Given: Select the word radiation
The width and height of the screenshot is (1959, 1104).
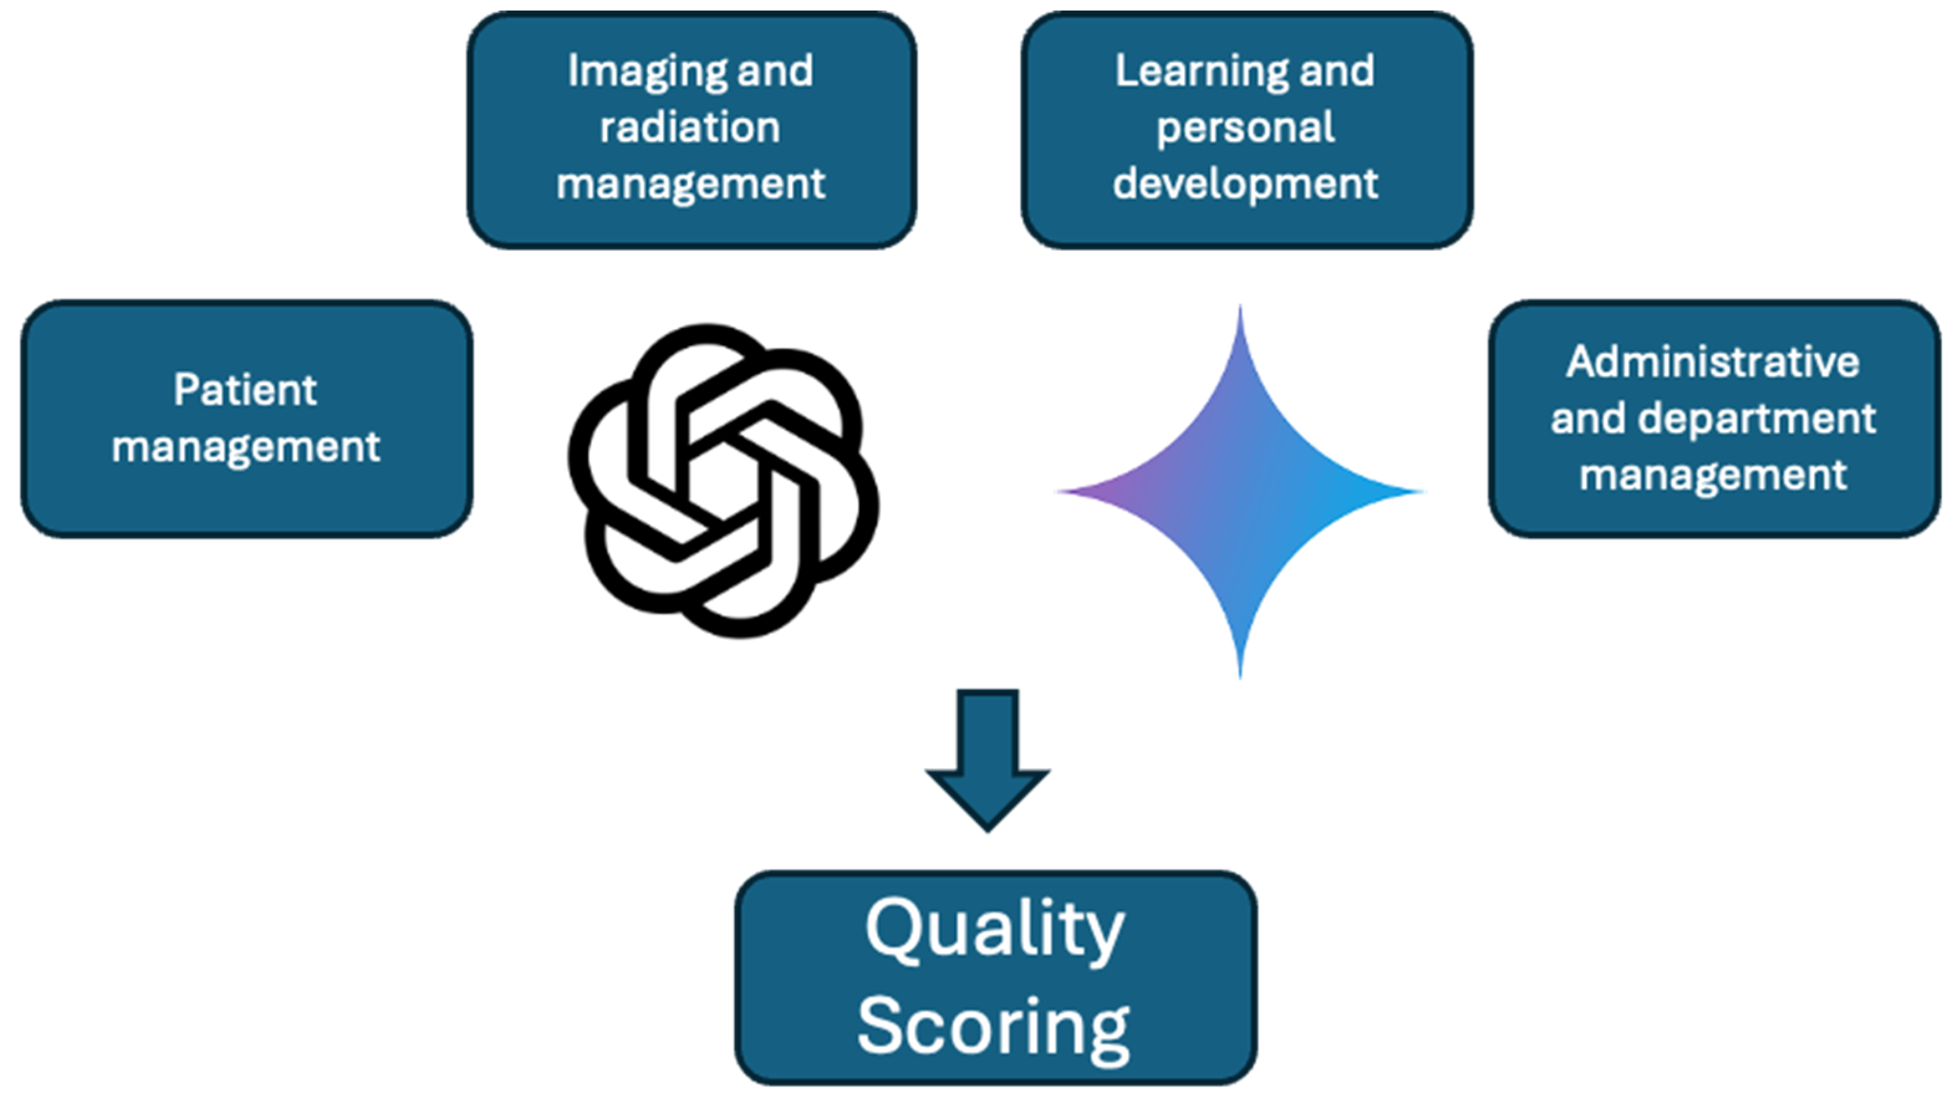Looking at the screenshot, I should point(690,127).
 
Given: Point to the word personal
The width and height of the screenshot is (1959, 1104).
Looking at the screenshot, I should point(1246,127).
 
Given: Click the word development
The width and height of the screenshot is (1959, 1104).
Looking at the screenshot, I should point(1246,183).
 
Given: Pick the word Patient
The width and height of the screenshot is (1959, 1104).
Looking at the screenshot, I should point(245,390).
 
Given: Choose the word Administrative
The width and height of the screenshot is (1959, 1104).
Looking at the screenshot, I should point(1713,362).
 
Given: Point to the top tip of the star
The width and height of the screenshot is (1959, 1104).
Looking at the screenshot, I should point(1240,312).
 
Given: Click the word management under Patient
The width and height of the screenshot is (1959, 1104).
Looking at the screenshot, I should point(245,447).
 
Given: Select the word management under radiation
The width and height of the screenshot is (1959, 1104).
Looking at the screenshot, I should point(690,183).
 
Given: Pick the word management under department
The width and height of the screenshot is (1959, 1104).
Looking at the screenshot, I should point(1713,475).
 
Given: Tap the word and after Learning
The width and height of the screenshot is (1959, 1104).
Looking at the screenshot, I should point(1337,72).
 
